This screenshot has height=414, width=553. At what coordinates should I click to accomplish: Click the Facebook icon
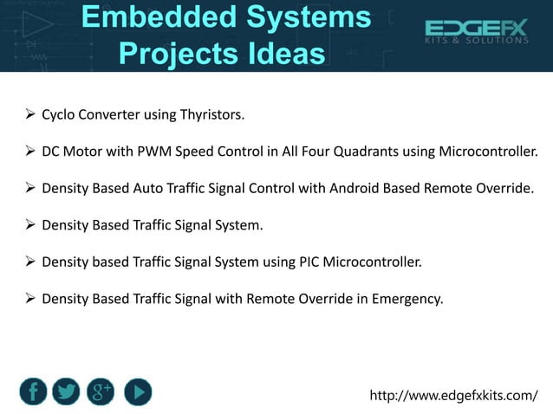click(32, 391)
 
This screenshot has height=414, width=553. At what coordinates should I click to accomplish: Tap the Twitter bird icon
click(66, 391)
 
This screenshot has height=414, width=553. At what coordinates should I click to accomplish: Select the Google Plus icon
click(101, 391)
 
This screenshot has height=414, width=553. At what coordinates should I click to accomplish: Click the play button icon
click(137, 391)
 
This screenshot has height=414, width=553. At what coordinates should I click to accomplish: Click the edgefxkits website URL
click(453, 396)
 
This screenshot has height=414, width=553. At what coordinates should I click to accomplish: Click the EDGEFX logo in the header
click(475, 32)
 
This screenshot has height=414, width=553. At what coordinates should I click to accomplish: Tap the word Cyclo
click(60, 115)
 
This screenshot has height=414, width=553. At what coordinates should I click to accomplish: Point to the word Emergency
click(406, 299)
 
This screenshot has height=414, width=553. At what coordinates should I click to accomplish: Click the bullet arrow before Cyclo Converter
click(29, 114)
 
